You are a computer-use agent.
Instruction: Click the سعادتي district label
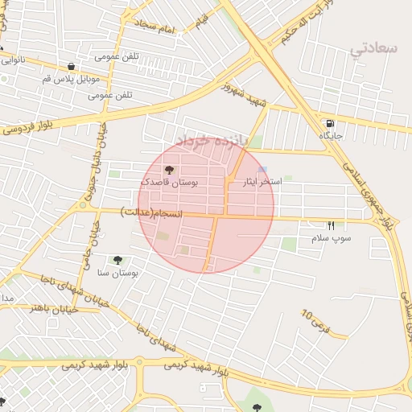[374, 48]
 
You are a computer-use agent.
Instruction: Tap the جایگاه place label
[331, 136]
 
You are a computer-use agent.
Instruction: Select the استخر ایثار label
[262, 183]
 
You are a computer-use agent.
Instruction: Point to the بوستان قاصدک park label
[169, 183]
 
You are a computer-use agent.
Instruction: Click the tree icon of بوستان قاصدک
[168, 170]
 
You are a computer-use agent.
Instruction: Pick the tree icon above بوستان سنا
[118, 260]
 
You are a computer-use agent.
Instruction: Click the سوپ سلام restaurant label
[332, 239]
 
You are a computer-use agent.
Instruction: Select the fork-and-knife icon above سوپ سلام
[331, 225]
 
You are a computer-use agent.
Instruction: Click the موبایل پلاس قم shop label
[76, 79]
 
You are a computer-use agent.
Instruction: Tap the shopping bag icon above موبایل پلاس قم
[72, 67]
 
